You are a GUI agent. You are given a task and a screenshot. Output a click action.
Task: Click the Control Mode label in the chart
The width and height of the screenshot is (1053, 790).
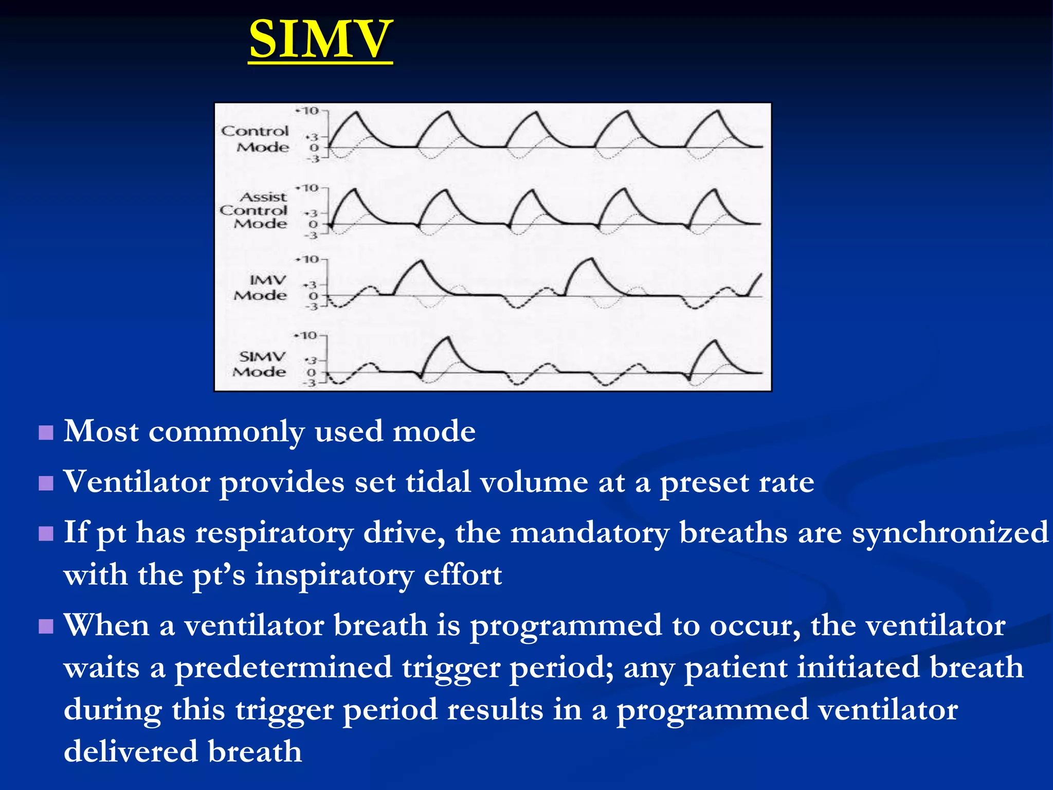tap(256, 139)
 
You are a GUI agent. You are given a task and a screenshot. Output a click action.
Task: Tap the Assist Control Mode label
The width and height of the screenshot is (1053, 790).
tap(253, 210)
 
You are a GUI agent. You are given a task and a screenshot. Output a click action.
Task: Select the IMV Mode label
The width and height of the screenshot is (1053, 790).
tap(260, 288)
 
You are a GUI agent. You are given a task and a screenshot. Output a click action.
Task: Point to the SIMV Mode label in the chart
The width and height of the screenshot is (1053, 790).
tap(260, 364)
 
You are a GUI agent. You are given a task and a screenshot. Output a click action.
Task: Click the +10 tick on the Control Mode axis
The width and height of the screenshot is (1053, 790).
tap(308, 111)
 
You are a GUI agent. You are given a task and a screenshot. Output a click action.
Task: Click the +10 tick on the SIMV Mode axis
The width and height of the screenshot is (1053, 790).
tap(307, 336)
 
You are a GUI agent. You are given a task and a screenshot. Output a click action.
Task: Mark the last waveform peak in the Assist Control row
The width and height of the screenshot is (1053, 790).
tap(714, 190)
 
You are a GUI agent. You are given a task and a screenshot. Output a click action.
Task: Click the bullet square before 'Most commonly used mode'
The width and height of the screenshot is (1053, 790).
tap(46, 433)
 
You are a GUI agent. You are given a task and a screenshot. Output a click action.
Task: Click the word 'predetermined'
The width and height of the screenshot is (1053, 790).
tap(283, 668)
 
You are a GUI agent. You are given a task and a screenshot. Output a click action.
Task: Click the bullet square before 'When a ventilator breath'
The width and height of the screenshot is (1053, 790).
tap(46, 626)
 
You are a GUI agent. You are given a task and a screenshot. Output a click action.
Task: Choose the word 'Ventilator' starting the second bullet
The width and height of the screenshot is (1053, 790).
tap(136, 482)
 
